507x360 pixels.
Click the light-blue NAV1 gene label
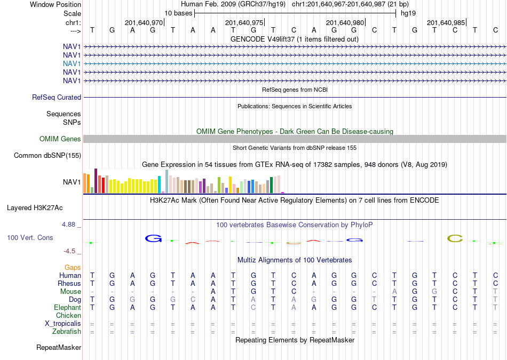click(x=72, y=63)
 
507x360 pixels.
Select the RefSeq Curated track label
click(x=57, y=97)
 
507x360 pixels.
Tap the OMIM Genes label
click(x=60, y=139)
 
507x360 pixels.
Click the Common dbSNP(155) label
click(x=47, y=155)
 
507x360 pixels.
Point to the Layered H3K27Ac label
click(x=35, y=208)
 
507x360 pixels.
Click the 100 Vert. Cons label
click(x=30, y=237)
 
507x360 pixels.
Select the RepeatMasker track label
click(x=59, y=347)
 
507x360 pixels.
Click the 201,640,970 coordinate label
click(x=144, y=22)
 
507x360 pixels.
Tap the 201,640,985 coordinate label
click(x=446, y=22)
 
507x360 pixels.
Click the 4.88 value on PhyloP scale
click(x=68, y=225)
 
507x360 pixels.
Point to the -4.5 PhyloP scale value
click(x=69, y=251)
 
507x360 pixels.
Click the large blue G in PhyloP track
click(x=153, y=238)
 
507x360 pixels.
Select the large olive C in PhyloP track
click(x=455, y=239)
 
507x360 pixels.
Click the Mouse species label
click(x=70, y=292)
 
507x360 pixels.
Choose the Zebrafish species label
click(x=67, y=332)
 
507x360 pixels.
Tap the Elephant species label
click(x=68, y=307)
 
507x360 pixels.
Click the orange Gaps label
click(x=73, y=268)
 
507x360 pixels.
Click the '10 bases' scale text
click(x=178, y=13)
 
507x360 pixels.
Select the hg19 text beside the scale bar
click(x=408, y=13)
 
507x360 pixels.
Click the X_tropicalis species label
click(x=63, y=324)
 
